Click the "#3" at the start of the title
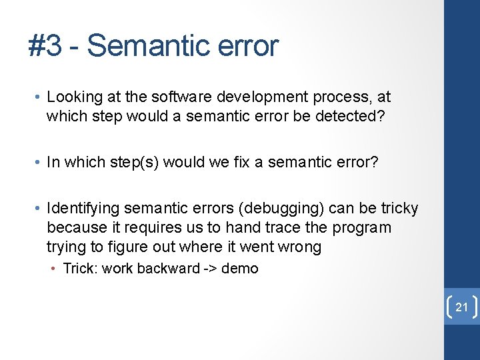[x=45, y=46]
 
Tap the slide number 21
[x=462, y=307]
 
